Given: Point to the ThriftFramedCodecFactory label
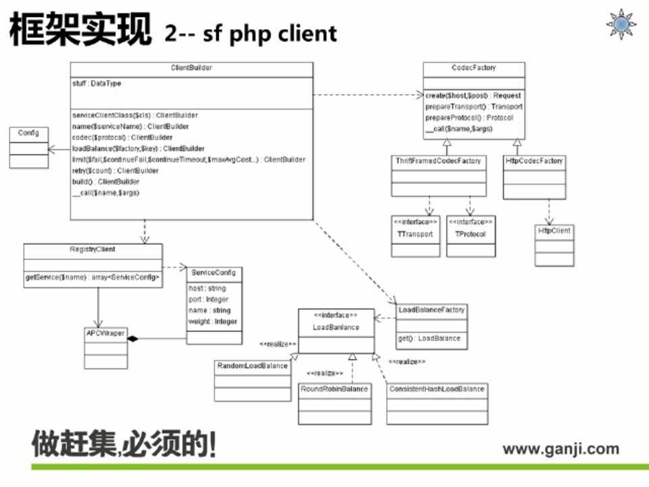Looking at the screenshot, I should pyautogui.click(x=439, y=161).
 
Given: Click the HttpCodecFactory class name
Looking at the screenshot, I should pyautogui.click(x=534, y=161).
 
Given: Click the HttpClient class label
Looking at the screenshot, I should pyautogui.click(x=554, y=231).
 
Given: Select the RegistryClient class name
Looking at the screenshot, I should pyautogui.click(x=93, y=250).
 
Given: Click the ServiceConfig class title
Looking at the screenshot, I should pyautogui.click(x=213, y=272).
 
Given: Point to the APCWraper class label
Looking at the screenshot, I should pyautogui.click(x=105, y=333).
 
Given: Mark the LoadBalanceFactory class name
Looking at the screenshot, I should pyautogui.click(x=431, y=310).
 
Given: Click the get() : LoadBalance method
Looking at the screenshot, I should pyautogui.click(x=430, y=338).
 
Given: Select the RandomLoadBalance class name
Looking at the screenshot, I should pyautogui.click(x=252, y=366).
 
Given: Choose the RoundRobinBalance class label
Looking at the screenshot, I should pyautogui.click(x=335, y=389).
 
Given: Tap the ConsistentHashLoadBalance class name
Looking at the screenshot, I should pyautogui.click(x=437, y=389).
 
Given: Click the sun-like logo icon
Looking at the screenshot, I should pyautogui.click(x=620, y=24).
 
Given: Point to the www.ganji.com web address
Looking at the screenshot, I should pyautogui.click(x=560, y=448).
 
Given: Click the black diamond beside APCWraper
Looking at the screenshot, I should pyautogui.click(x=133, y=338).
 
